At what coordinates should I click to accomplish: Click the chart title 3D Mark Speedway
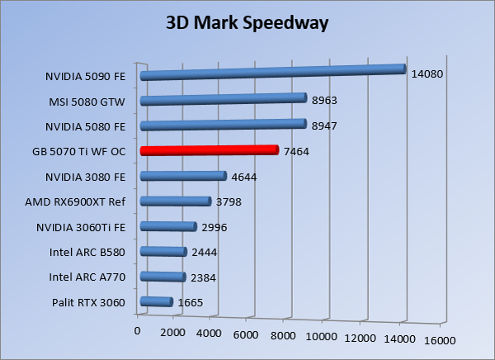(x=247, y=22)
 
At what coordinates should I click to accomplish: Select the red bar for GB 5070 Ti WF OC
(x=210, y=150)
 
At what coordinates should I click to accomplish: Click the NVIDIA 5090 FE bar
(x=273, y=73)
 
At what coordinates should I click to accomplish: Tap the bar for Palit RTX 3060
(x=157, y=302)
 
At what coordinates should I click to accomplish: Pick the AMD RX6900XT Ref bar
(x=176, y=201)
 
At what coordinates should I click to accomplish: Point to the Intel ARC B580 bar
(x=163, y=252)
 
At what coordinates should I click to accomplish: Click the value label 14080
(x=427, y=73)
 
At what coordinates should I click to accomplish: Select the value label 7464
(x=296, y=151)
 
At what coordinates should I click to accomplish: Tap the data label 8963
(x=324, y=100)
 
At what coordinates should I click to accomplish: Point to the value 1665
(x=189, y=303)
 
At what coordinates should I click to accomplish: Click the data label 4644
(x=244, y=176)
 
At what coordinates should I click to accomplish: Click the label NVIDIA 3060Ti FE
(x=81, y=228)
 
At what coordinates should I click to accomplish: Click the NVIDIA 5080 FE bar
(x=223, y=126)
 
